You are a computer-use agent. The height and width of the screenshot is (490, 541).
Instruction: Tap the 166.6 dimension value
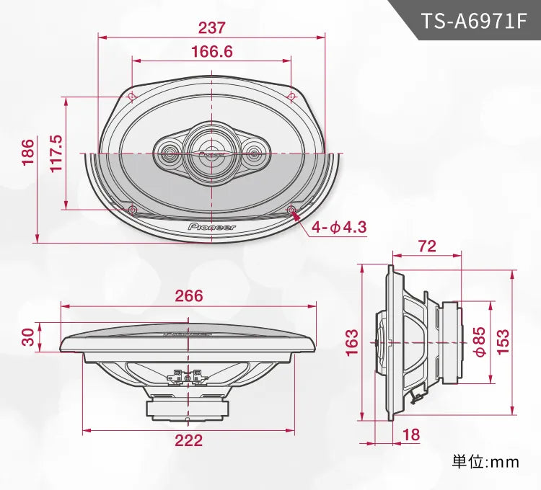tap(212, 52)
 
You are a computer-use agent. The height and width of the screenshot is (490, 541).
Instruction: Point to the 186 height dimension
tap(27, 153)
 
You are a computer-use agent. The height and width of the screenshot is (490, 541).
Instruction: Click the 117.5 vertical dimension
tap(56, 153)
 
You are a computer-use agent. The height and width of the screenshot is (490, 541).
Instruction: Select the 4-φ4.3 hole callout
tap(339, 228)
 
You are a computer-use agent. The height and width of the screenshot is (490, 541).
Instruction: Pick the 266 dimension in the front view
tap(189, 295)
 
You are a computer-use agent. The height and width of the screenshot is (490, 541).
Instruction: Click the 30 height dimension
tap(27, 337)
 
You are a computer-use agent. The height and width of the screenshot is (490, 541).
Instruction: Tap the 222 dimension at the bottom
tap(189, 441)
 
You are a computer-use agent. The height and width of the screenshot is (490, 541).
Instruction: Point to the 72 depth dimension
tap(427, 246)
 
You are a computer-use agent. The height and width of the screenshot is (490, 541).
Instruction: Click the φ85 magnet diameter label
tap(479, 340)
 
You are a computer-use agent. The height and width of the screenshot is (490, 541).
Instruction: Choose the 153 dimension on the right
tap(503, 340)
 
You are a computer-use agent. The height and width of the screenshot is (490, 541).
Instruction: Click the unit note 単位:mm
tap(485, 462)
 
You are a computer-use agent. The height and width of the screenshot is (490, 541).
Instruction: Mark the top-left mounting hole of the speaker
tap(132, 97)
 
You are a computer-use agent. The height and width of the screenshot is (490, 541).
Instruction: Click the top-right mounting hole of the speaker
tap(291, 97)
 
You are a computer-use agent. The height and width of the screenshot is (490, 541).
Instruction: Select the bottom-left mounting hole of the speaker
tap(132, 210)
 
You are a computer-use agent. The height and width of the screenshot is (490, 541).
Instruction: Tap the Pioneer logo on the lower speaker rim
tap(212, 226)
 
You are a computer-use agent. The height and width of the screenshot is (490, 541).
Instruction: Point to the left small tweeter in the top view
tap(170, 153)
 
